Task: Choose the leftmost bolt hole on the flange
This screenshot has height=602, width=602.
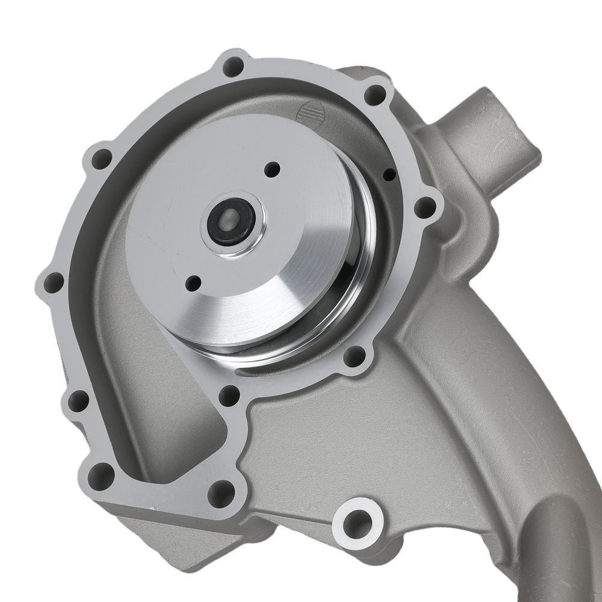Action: tap(53, 281)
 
